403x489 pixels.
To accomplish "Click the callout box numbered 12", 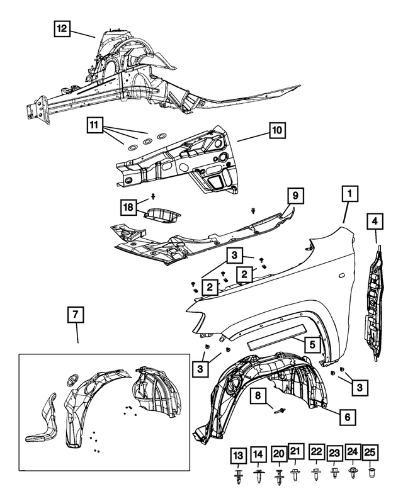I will (x=62, y=29).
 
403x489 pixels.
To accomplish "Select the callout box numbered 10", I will (x=278, y=131).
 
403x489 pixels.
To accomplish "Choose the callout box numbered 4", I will (x=375, y=222).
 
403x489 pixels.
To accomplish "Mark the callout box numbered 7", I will (x=74, y=313).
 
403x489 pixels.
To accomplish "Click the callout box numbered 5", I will (x=310, y=345).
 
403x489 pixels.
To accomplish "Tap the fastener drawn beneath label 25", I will (x=372, y=472).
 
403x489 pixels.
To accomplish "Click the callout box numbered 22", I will (x=316, y=451).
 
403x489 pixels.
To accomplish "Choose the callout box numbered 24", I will (x=353, y=451).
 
